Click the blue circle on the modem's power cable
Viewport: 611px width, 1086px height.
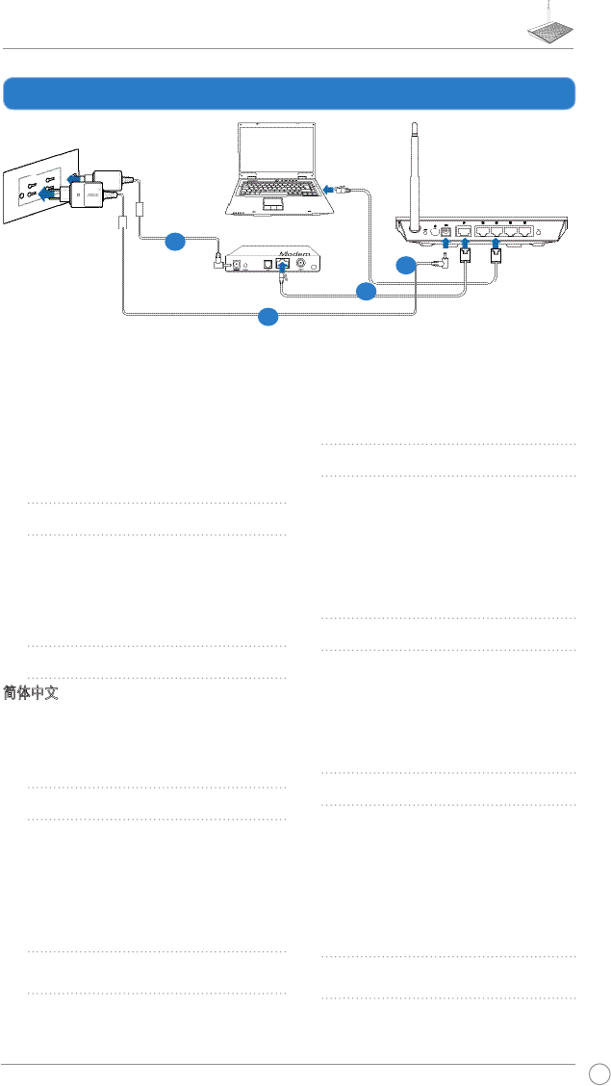coord(174,242)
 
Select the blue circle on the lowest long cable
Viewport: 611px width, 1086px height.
coord(269,316)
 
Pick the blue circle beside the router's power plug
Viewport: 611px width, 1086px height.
coord(406,265)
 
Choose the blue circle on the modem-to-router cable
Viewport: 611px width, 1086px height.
coord(365,290)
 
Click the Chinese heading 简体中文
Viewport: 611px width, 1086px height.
coord(31,693)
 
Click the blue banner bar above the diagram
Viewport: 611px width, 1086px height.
coord(289,93)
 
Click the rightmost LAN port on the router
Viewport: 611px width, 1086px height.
coord(525,231)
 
